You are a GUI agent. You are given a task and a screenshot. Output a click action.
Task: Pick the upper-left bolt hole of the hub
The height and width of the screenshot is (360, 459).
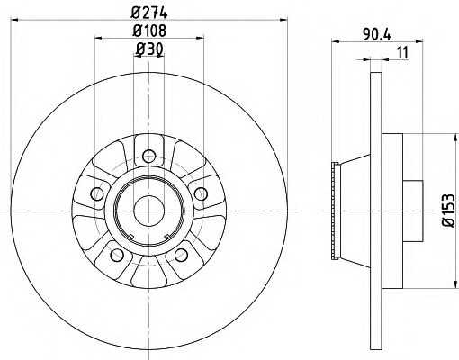tap(97, 192)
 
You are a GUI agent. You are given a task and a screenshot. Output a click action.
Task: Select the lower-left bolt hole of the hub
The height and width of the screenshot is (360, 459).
tap(116, 254)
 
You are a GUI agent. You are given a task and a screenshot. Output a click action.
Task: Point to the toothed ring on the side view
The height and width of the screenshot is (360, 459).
tap(337, 208)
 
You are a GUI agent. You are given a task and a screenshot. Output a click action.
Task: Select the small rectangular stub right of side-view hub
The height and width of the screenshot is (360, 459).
tap(413, 208)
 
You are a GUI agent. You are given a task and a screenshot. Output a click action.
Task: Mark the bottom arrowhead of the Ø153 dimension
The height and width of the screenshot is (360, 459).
tap(447, 279)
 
